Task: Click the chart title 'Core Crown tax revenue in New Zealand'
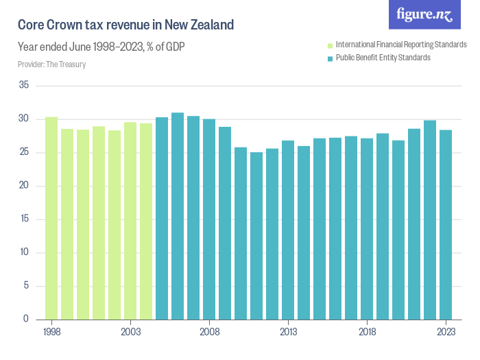pyautogui.click(x=126, y=25)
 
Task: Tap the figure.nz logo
pyautogui.click(x=424, y=15)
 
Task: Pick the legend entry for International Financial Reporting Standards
pyautogui.click(x=400, y=45)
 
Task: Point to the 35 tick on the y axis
pyautogui.click(x=24, y=86)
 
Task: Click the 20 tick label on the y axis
pyautogui.click(x=24, y=186)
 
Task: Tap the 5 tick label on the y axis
pyautogui.click(x=26, y=286)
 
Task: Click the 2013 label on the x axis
pyautogui.click(x=288, y=331)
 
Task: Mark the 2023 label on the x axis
pyautogui.click(x=446, y=331)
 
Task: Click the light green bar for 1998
pyautogui.click(x=51, y=218)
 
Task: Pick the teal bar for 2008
pyautogui.click(x=209, y=219)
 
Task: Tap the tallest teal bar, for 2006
pyautogui.click(x=178, y=216)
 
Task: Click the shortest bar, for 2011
pyautogui.click(x=256, y=236)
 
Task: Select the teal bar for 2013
pyautogui.click(x=288, y=230)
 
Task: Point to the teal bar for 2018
pyautogui.click(x=367, y=229)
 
